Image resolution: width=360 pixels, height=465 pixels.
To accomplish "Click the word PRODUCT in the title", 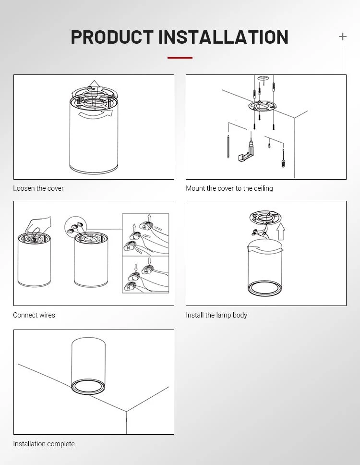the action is point(112,37).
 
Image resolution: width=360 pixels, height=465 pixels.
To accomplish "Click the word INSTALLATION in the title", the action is point(223,37).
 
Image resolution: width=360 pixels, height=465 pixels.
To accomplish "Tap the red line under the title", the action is point(180,58).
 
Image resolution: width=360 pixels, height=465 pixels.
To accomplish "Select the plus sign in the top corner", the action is point(343,37).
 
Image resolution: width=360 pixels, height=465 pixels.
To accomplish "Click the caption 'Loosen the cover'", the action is point(38,188).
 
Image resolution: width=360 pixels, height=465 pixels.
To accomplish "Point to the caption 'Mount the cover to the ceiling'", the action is point(229,188).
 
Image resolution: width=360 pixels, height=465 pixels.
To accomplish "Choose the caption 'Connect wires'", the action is point(34,315).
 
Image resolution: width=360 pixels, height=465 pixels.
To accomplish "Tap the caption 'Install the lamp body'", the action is point(216,315).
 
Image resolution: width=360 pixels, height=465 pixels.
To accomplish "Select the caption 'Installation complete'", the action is point(44,444).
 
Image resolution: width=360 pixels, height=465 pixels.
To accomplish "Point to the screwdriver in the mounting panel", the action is point(284,159).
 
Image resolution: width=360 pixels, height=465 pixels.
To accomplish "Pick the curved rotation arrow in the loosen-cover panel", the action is point(96,115).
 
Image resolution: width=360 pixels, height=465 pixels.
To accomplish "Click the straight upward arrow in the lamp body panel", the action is point(281,231).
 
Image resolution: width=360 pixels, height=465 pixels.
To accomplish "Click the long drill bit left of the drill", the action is point(228,147).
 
